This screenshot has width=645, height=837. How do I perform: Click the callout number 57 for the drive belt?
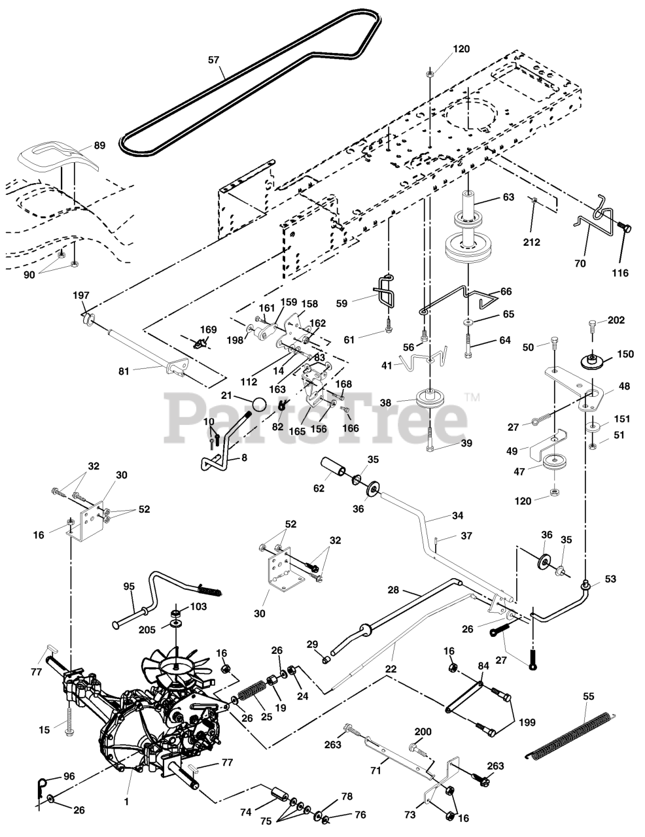[213, 60]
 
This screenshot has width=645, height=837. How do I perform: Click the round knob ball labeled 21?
[260, 405]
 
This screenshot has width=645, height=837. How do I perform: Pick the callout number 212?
[532, 242]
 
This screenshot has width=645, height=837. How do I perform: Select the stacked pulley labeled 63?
[468, 229]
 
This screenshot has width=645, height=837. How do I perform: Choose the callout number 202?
[616, 320]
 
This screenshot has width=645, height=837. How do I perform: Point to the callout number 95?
[129, 587]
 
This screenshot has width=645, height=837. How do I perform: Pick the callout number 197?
[81, 296]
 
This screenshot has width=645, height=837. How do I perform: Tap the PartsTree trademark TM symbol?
[472, 398]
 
